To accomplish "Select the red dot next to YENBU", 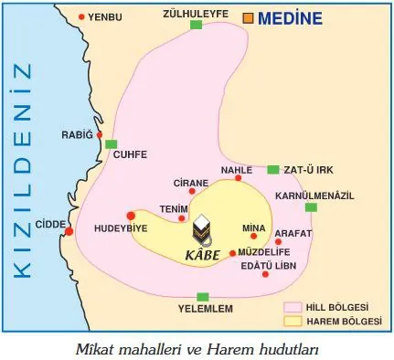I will (83, 17).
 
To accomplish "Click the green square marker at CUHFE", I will (111, 144).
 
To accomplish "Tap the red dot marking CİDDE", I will (69, 231).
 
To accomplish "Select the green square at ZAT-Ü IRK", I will (272, 169).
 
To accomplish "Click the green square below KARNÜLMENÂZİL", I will (311, 207).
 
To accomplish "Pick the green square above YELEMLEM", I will (203, 296).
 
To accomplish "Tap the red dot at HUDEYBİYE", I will (131, 216).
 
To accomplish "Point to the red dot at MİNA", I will (253, 236).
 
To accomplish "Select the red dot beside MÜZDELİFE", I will (232, 253).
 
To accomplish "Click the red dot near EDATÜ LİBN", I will (265, 272).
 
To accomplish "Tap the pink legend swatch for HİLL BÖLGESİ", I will (294, 307).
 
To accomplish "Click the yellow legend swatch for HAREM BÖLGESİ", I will (294, 321).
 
